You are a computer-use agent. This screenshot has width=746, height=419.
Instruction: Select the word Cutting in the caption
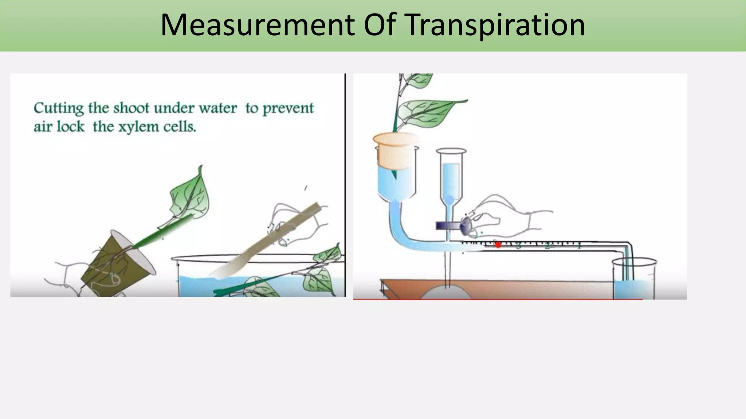pyautogui.click(x=58, y=108)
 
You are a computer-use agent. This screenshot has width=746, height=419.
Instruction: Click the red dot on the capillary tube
pyautogui.click(x=498, y=245)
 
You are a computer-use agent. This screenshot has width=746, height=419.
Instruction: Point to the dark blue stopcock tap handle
pyautogui.click(x=448, y=226)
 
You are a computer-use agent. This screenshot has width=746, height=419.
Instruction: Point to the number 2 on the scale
pyautogui.click(x=547, y=246)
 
